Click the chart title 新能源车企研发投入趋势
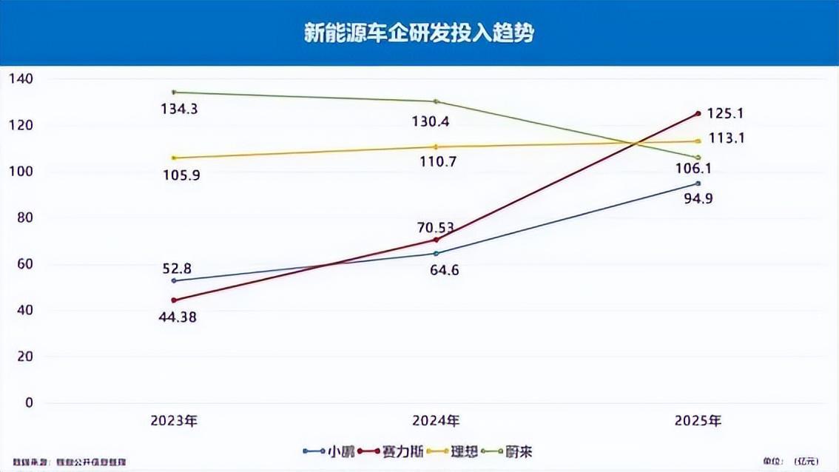[x=419, y=33]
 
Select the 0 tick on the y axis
[x=29, y=402]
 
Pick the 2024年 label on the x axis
[x=436, y=421]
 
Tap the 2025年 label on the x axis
[x=698, y=421]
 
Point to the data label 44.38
[x=178, y=317]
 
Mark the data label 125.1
[x=725, y=114]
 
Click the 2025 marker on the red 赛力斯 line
[x=698, y=113]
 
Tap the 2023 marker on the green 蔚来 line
[x=174, y=92]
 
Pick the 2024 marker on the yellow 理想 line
[x=436, y=146]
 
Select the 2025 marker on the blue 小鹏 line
[x=698, y=183]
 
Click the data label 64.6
[x=445, y=270]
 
